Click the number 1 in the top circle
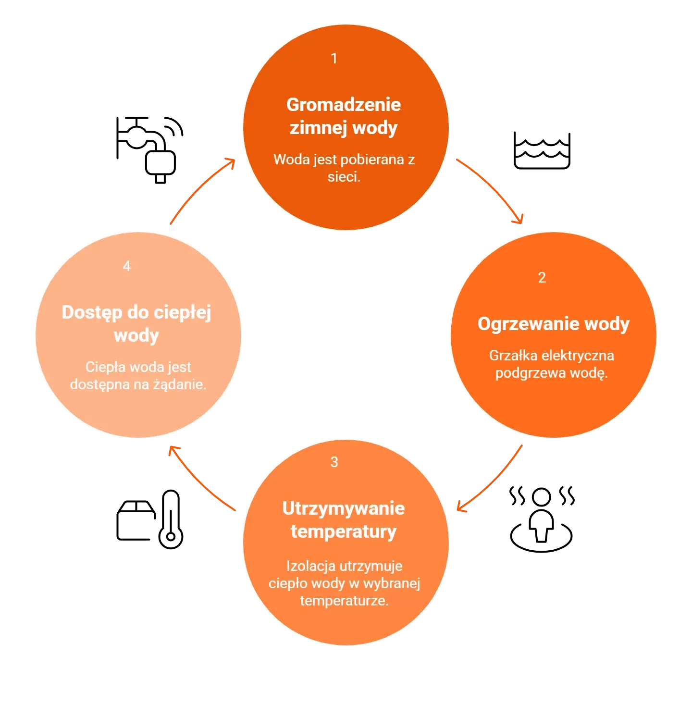tap(334, 59)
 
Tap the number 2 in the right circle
tap(542, 278)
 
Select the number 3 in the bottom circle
tap(334, 462)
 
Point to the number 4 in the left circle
tap(126, 266)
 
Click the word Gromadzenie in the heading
tap(343, 105)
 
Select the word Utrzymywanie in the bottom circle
tap(343, 508)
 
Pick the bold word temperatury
tap(343, 531)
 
